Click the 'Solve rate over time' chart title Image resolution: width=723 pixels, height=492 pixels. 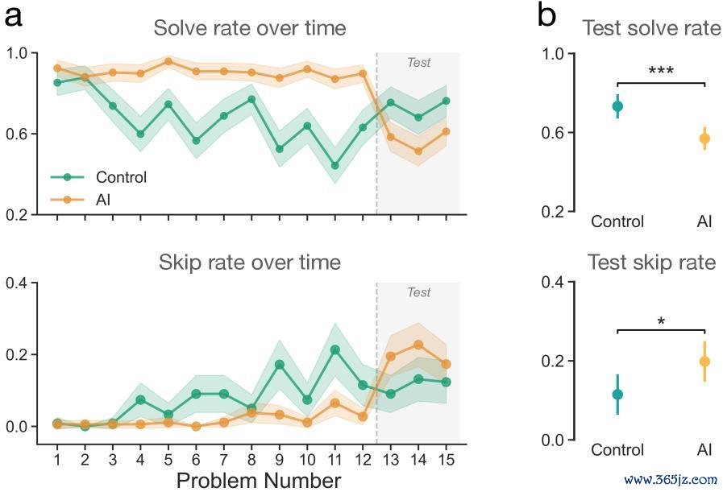249,28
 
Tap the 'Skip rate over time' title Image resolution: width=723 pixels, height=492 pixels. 249,263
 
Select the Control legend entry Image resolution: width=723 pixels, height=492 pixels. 98,177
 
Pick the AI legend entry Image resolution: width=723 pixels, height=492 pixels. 81,200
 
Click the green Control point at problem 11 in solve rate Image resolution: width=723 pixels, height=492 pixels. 335,165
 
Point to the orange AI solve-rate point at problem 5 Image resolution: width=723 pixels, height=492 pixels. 168,61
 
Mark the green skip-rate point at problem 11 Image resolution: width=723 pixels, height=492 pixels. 335,350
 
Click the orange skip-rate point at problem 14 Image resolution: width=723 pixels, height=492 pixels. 418,345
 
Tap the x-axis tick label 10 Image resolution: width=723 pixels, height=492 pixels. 307,459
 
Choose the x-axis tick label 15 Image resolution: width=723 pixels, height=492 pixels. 446,459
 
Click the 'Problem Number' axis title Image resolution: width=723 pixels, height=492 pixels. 259,481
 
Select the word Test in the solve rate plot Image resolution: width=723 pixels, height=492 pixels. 418,62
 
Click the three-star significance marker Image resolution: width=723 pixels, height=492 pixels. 661,71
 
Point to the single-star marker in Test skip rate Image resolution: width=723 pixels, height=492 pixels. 661,321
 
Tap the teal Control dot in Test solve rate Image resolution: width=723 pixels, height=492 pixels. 617,106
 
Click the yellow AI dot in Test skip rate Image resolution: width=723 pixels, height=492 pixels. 704,362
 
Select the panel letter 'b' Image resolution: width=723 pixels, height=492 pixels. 546,17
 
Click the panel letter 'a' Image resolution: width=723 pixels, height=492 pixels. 13,19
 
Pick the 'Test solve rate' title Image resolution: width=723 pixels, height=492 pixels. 652,28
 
